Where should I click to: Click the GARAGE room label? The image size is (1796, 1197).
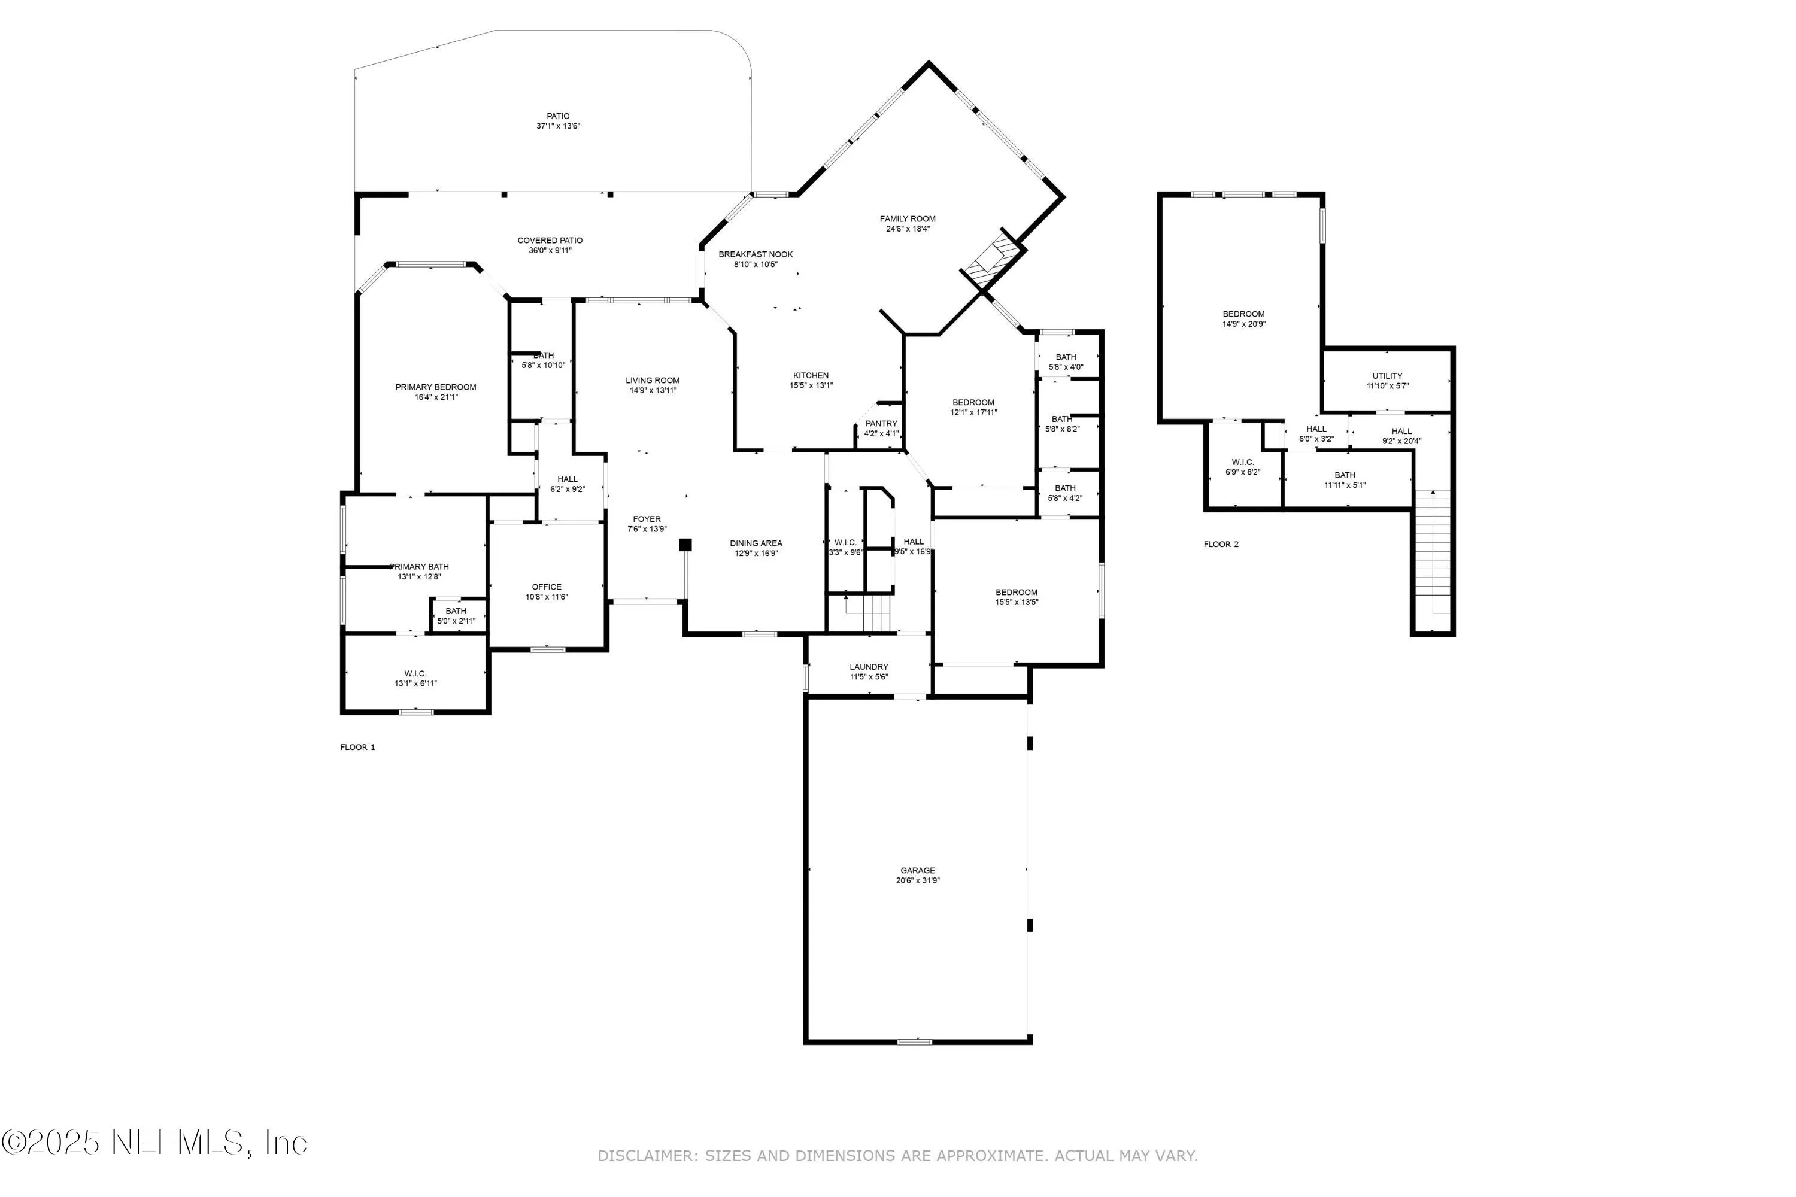tap(917, 870)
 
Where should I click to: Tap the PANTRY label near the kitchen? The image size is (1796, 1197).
tap(881, 424)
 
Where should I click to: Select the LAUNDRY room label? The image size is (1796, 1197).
tap(869, 667)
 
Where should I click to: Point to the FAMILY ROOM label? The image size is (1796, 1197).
tap(907, 219)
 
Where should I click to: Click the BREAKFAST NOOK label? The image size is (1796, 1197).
tap(755, 254)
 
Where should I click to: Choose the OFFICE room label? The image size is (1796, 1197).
tap(547, 587)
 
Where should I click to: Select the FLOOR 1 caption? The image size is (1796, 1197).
tap(357, 748)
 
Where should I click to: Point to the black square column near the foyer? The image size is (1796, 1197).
tap(685, 544)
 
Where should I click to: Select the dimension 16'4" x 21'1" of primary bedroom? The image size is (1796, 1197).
tap(435, 397)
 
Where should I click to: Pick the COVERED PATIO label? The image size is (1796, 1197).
tap(550, 241)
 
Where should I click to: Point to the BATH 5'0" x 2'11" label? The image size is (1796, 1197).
tap(456, 616)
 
